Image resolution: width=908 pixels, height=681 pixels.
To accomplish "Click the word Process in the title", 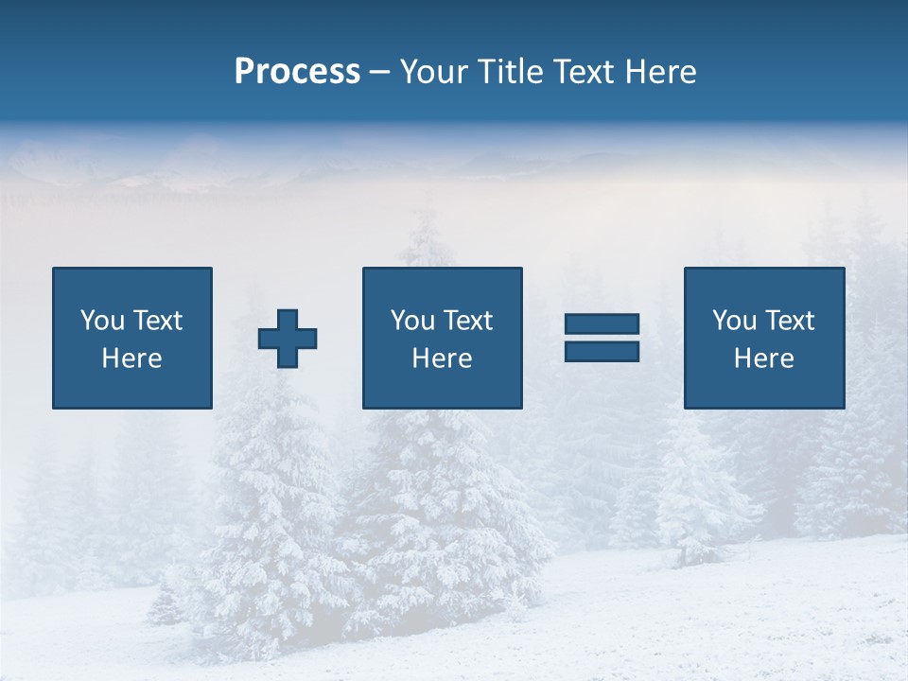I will (x=297, y=72).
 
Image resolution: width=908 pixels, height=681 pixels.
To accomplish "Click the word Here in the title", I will (x=662, y=72).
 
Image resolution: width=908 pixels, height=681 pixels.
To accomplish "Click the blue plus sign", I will (x=288, y=339).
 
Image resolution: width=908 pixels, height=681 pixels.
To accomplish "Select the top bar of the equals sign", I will (x=602, y=324).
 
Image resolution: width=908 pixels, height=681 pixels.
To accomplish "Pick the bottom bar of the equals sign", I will (x=602, y=352).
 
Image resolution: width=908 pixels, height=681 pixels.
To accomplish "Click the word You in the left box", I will (x=100, y=321).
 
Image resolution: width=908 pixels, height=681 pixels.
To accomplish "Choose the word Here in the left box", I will (x=131, y=358).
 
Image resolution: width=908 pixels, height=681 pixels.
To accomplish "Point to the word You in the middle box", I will (x=410, y=321).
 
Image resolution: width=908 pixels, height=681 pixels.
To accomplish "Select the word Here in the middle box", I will (x=442, y=358).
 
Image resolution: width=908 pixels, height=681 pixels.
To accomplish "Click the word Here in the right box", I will (x=763, y=358).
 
